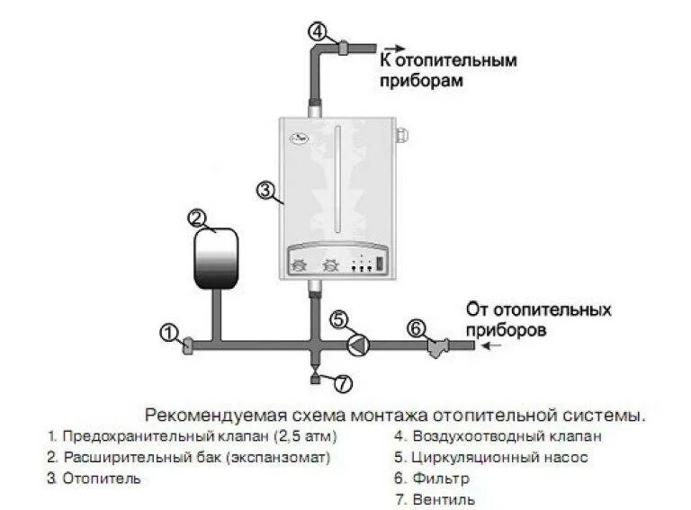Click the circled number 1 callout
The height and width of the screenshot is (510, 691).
[167, 332]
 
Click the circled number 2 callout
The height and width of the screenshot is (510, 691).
[197, 217]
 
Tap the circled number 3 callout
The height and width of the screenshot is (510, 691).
[265, 190]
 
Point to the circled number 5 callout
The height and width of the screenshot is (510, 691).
[338, 318]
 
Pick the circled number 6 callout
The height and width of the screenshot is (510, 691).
[415, 327]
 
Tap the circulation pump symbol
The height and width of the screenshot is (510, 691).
[358, 344]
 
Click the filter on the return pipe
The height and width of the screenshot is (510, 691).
[439, 344]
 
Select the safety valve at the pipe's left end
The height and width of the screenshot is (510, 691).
[186, 345]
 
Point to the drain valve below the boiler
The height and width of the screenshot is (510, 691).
[314, 372]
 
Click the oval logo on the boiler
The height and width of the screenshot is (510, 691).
[299, 139]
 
